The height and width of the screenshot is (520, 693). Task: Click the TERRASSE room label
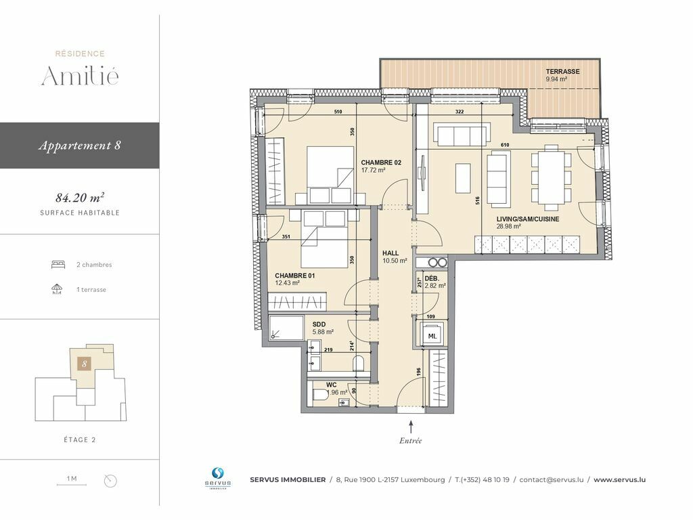[562, 71]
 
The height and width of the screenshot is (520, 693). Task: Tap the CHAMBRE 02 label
[381, 162]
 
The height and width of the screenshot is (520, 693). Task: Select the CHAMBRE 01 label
[295, 276]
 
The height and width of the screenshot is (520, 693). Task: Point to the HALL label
[390, 253]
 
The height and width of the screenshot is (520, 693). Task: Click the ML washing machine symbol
[432, 335]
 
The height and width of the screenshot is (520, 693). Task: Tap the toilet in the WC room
[320, 395]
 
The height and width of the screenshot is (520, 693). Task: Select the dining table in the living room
[551, 177]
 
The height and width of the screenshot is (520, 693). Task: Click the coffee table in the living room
[463, 178]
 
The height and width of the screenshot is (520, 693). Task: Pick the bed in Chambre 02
[330, 175]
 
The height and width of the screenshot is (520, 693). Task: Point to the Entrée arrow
[411, 427]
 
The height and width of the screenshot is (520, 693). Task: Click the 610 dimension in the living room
[505, 145]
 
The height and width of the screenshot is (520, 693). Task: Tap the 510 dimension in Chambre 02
[338, 112]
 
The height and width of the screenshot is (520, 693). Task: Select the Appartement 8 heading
[80, 146]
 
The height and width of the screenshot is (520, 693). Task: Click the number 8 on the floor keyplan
[85, 364]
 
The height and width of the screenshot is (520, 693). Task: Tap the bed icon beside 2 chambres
[58, 265]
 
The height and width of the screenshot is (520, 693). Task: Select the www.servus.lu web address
[619, 479]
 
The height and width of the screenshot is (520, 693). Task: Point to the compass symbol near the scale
[110, 481]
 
